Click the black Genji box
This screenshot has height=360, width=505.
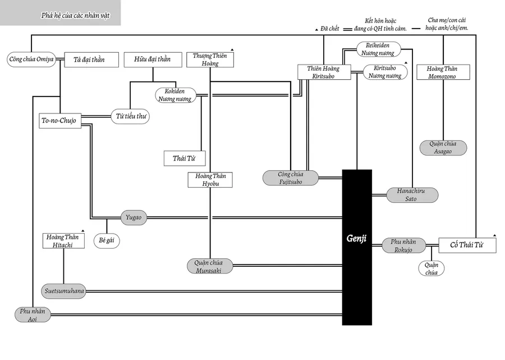pyautogui.click(x=357, y=247)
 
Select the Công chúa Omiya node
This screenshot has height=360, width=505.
pyautogui.click(x=31, y=60)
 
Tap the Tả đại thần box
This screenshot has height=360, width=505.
pyautogui.click(x=91, y=60)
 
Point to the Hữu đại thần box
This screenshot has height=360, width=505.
pyautogui.click(x=151, y=60)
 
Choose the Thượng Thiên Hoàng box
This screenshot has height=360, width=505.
pyautogui.click(x=210, y=60)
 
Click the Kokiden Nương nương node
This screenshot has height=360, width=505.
pyautogui.click(x=176, y=95)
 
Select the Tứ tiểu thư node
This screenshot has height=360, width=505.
pyautogui.click(x=130, y=116)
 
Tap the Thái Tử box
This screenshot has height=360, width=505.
pyautogui.click(x=184, y=158)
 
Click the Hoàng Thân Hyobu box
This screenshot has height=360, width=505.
pyautogui.click(x=210, y=180)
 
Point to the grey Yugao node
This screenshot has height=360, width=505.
pyautogui.click(x=134, y=217)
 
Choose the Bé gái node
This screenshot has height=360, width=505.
pyautogui.click(x=106, y=241)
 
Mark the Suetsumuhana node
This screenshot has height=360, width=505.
pyautogui.click(x=63, y=291)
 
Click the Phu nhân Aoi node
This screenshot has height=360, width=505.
pyautogui.click(x=32, y=315)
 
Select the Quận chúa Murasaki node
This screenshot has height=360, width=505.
pyautogui.click(x=208, y=266)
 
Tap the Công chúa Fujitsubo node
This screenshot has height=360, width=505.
pyautogui.click(x=291, y=178)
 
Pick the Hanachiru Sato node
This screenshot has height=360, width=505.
pyautogui.click(x=411, y=195)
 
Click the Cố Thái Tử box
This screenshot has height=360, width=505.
pyautogui.click(x=467, y=245)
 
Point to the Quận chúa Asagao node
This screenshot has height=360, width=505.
pyautogui.click(x=443, y=148)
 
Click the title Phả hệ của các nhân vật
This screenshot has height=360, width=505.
pyautogui.click(x=75, y=16)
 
